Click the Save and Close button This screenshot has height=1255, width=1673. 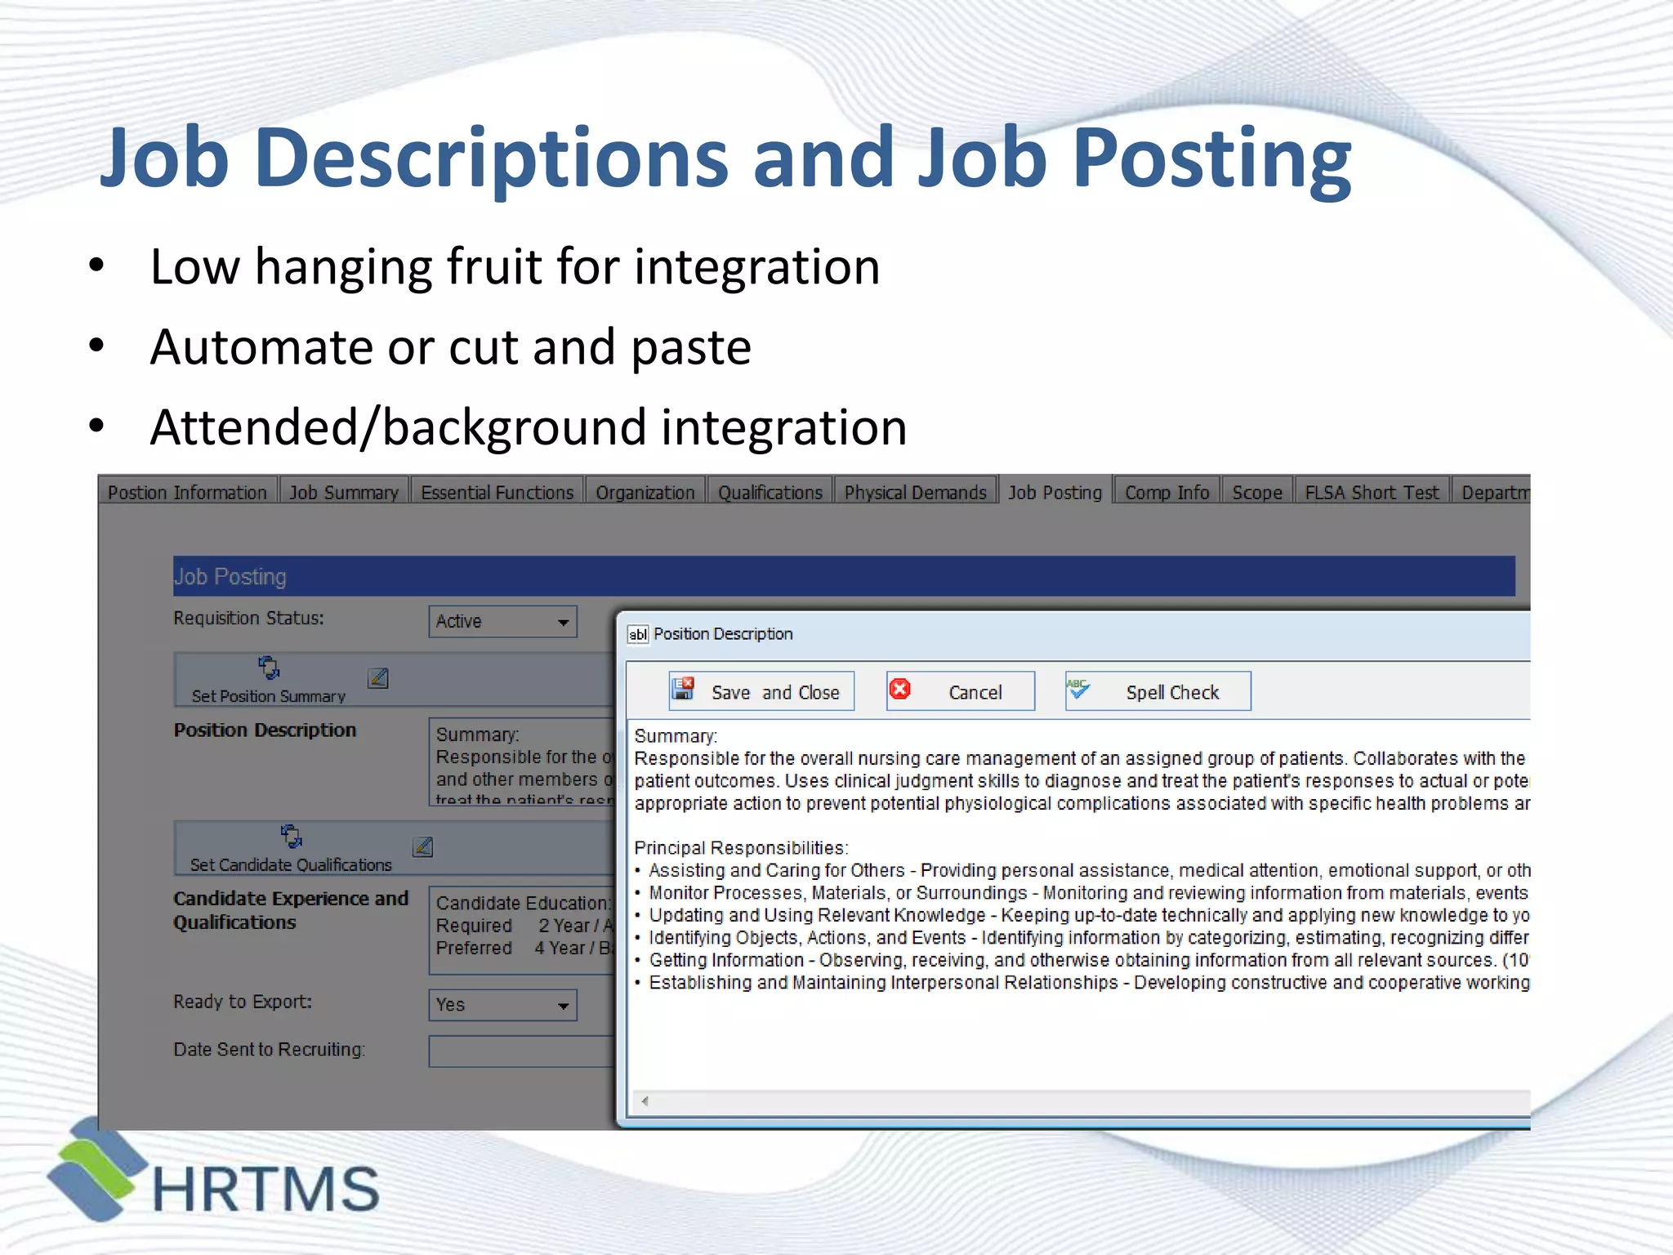(761, 692)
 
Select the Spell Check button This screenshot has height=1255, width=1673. (1158, 692)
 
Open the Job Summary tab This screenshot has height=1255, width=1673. (344, 493)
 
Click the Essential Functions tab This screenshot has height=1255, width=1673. (497, 493)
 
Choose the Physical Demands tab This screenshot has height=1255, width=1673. (915, 493)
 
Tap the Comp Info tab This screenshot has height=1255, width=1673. (1167, 493)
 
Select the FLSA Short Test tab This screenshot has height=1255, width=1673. (1372, 493)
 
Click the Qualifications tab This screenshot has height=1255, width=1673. (770, 493)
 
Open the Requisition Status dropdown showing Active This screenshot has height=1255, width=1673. (502, 622)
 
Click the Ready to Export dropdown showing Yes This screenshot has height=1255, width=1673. (502, 1005)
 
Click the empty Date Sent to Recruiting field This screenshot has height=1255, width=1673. (521, 1052)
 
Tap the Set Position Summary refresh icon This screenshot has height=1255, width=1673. (269, 668)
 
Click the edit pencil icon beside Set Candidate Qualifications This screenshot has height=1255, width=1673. (423, 846)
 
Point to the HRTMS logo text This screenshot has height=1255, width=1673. (265, 1189)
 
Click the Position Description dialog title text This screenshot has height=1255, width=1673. (723, 634)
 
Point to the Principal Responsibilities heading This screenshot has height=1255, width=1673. (741, 848)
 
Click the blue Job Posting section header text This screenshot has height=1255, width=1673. (230, 577)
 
